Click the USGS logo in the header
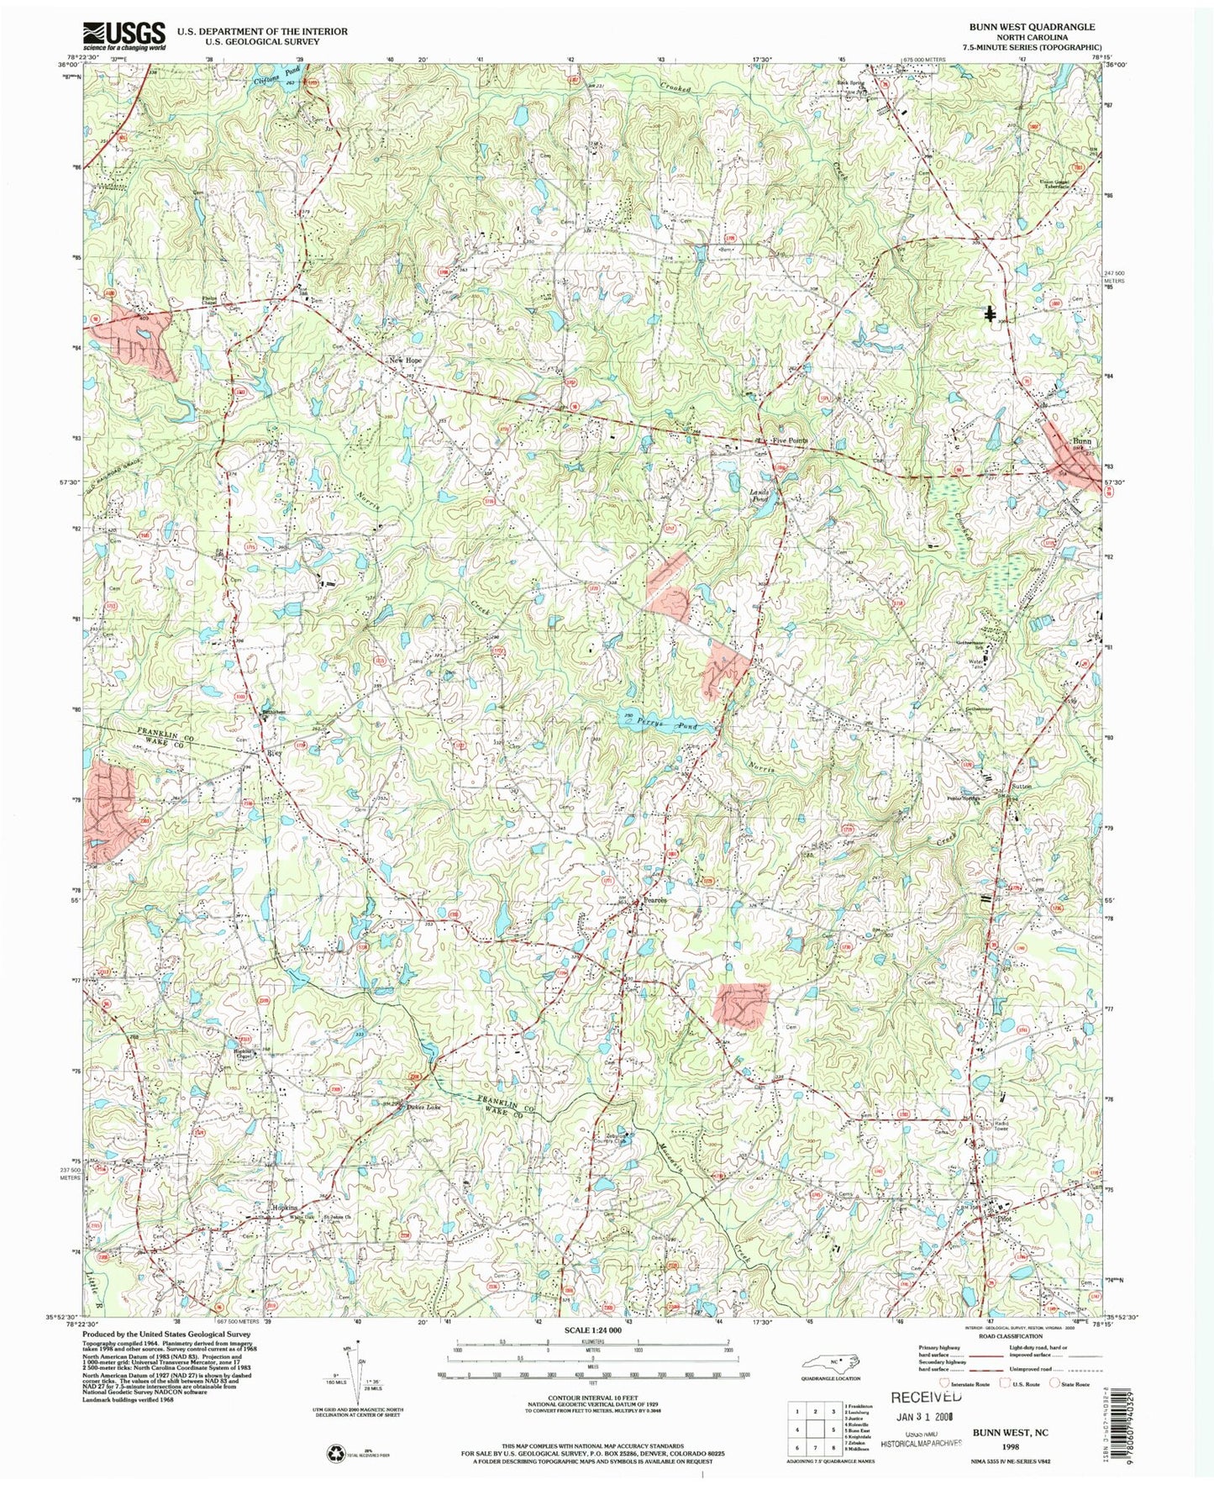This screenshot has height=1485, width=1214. [124, 36]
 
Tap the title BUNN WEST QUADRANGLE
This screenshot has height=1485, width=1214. [1033, 27]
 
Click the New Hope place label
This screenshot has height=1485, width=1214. [405, 361]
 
